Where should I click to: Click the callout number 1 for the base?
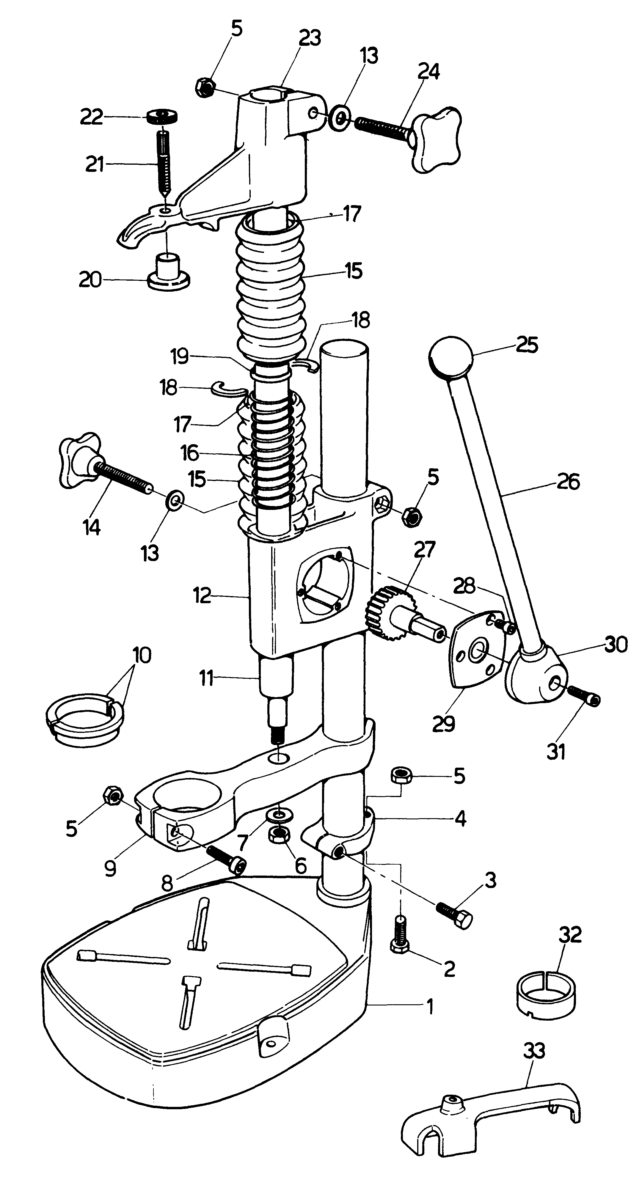click(x=429, y=1008)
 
